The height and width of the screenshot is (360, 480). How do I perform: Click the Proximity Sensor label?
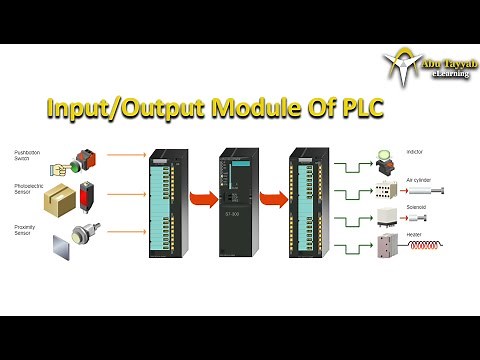coord(24,230)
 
